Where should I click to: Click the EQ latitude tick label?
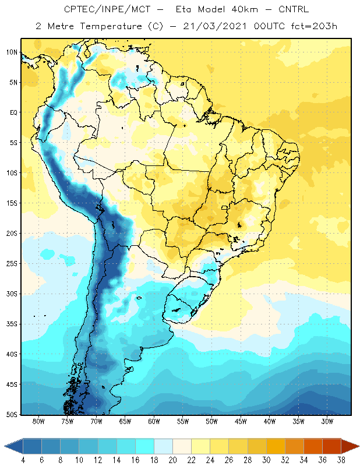(13, 112)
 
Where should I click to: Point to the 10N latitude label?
(12, 52)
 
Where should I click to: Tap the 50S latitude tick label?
(12, 414)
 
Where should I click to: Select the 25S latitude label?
(12, 264)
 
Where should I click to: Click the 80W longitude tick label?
(38, 421)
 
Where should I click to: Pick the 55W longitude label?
(183, 421)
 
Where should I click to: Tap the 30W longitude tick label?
(327, 421)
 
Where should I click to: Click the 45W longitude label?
(241, 421)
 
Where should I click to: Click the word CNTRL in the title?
(294, 9)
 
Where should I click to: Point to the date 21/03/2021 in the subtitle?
(214, 26)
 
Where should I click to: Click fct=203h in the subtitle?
(314, 26)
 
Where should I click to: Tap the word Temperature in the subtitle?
(111, 26)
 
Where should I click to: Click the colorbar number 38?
(341, 460)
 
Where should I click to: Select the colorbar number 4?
(23, 460)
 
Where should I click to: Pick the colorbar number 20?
(172, 460)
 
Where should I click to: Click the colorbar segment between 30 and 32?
(276, 446)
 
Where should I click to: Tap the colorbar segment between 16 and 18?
(145, 446)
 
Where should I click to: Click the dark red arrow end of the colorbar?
(350, 446)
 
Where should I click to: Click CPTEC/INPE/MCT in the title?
(107, 9)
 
